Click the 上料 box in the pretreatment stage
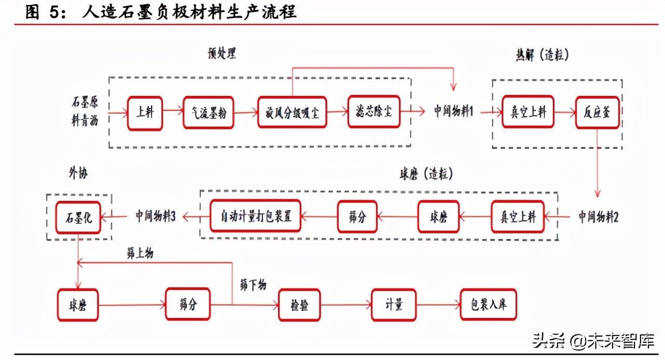pyautogui.click(x=145, y=113)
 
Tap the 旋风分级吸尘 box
pyautogui.click(x=293, y=113)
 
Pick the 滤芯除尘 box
pyautogui.click(x=374, y=112)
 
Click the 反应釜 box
pyautogui.click(x=597, y=112)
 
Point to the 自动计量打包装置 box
pyautogui.click(x=256, y=216)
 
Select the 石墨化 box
pyautogui.click(x=78, y=216)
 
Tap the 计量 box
pyautogui.click(x=394, y=305)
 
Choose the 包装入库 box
pyautogui.click(x=488, y=305)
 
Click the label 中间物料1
pyautogui.click(x=454, y=112)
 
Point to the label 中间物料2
pyautogui.click(x=599, y=217)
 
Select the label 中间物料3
pyautogui.click(x=156, y=216)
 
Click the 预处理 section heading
pyautogui.click(x=220, y=53)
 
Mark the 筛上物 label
pyautogui.click(x=140, y=254)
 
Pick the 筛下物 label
pyautogui.click(x=253, y=285)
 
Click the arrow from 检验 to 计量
pyautogui.click(x=346, y=305)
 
